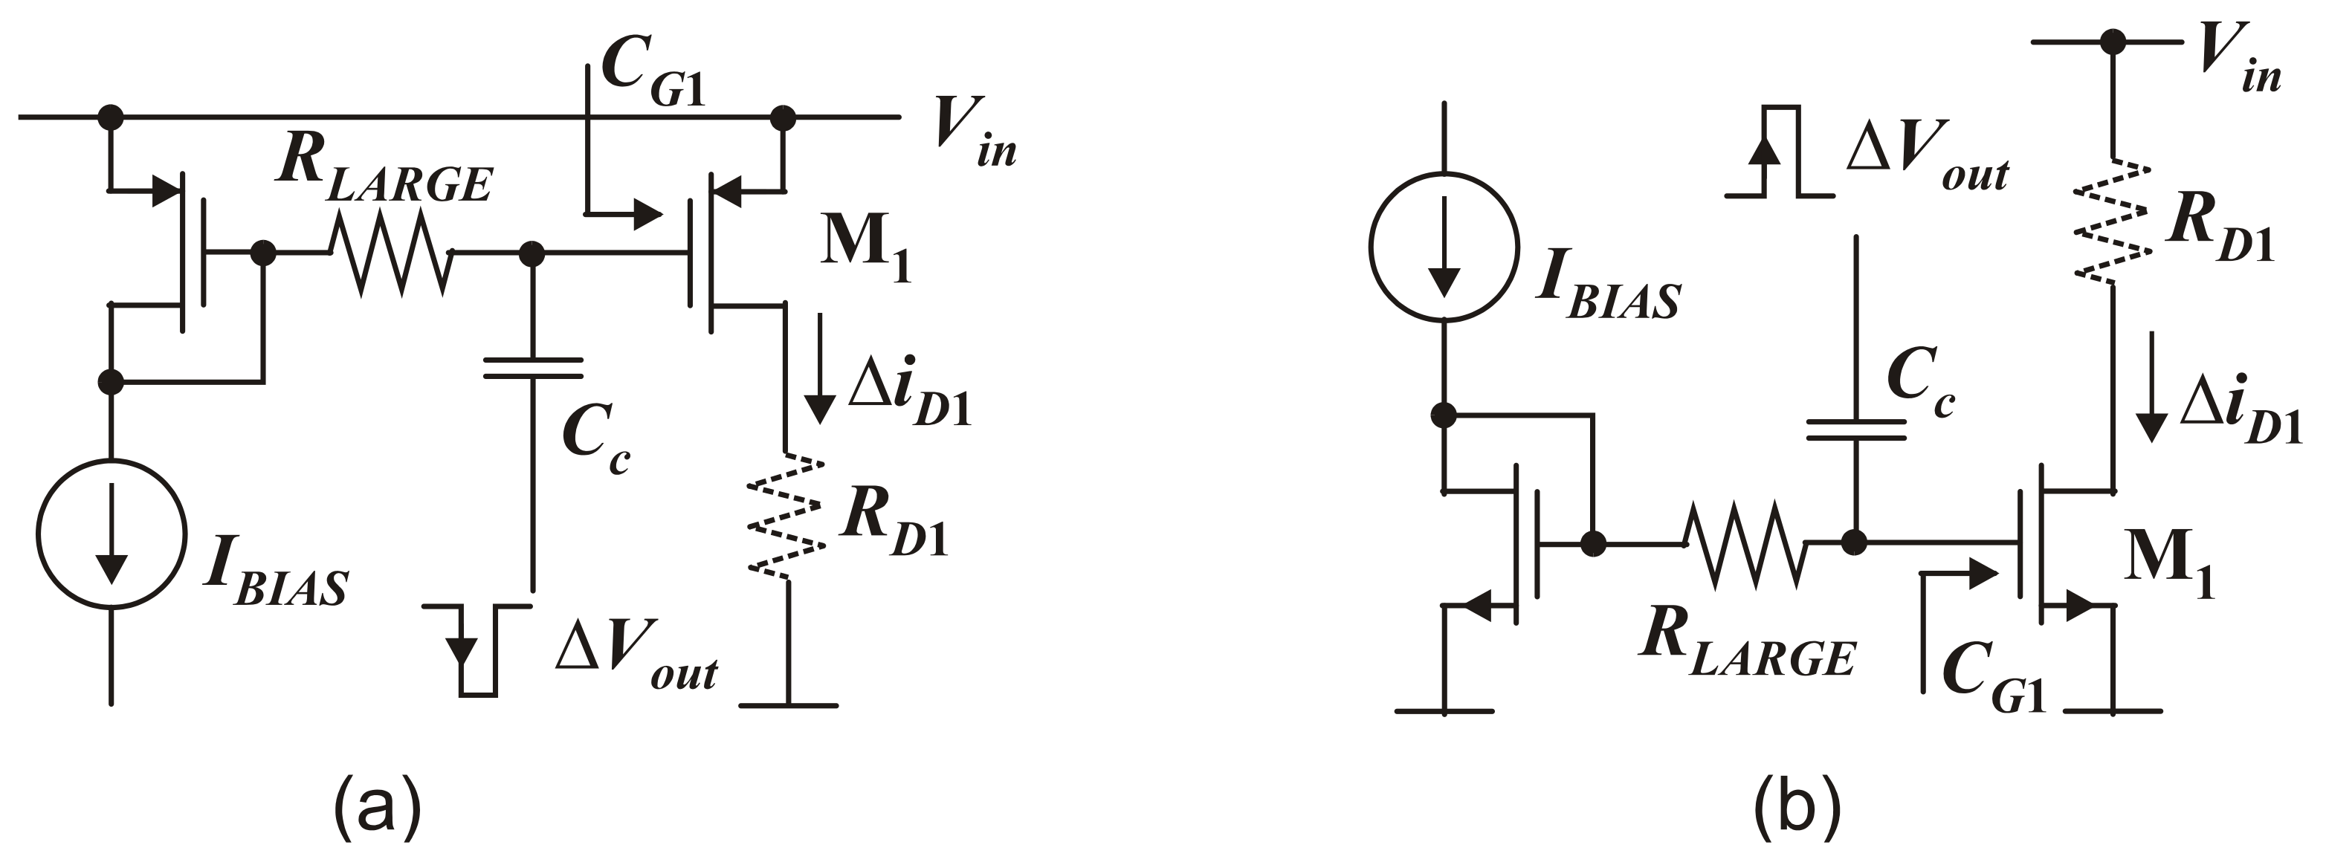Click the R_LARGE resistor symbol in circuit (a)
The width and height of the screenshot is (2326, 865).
(390, 253)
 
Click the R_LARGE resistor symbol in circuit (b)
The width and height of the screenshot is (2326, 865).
(1745, 543)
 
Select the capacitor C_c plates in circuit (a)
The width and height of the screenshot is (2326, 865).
(533, 368)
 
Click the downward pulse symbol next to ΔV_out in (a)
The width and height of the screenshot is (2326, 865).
(476, 650)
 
